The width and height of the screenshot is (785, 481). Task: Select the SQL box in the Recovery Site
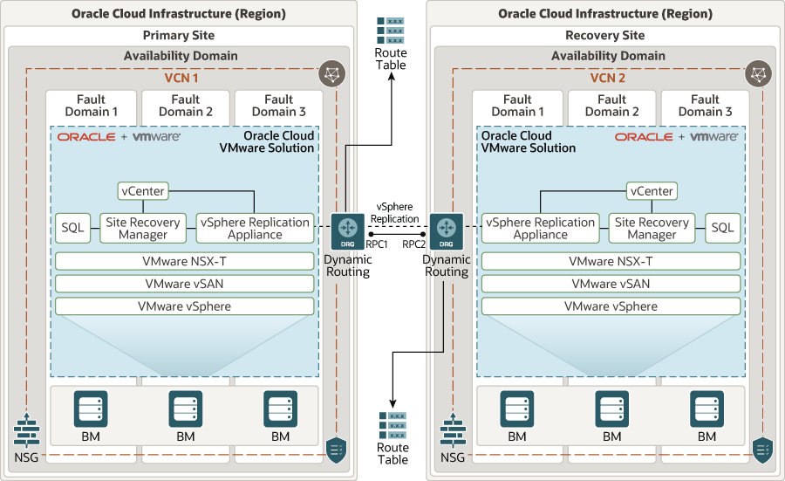[x=722, y=228]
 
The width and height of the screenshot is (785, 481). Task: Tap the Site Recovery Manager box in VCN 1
[x=142, y=228]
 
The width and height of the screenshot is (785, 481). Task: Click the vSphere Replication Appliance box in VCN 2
[x=541, y=228]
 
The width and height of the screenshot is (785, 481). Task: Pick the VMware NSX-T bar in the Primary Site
[x=184, y=261]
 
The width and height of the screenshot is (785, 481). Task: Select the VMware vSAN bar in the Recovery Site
[x=611, y=284]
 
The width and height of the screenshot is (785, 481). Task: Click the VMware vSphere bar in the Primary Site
[x=184, y=306]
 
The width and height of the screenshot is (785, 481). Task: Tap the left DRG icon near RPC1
[x=347, y=230]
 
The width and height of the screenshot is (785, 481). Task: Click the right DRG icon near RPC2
[x=447, y=230]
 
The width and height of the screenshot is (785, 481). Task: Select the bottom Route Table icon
[x=392, y=425]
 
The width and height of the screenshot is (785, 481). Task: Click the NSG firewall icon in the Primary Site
[x=27, y=430]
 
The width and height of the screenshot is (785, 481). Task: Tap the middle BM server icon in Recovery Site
[x=611, y=409]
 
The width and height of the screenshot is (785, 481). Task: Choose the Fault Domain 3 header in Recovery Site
[x=705, y=106]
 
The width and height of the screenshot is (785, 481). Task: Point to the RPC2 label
[x=413, y=245]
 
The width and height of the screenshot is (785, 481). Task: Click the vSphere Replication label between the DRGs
[x=395, y=212]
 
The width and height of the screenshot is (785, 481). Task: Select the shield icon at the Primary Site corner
[x=336, y=449]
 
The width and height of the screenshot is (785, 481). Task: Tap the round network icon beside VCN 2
[x=758, y=73]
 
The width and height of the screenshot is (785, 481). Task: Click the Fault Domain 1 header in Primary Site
[x=91, y=106]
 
